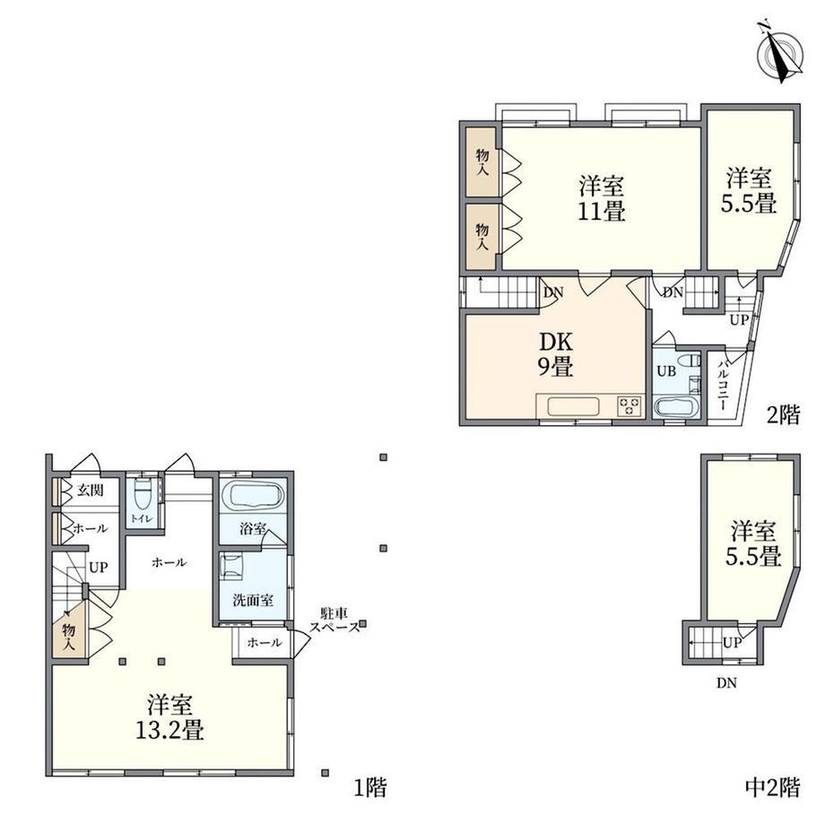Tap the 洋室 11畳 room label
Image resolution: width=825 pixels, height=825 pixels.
[x=602, y=198]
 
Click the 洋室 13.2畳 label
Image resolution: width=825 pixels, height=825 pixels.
[x=169, y=717]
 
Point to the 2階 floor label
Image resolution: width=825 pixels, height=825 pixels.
[x=783, y=416]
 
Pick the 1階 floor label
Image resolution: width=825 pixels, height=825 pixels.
[x=369, y=787]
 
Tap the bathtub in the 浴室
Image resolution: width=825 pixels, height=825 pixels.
[x=253, y=497]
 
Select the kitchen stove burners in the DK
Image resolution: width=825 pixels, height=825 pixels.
[x=630, y=405]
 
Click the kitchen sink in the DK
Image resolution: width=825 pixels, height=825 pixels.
[x=573, y=407]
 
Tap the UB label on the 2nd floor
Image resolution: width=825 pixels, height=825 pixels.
[x=666, y=371]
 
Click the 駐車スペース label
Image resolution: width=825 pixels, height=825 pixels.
[x=334, y=620]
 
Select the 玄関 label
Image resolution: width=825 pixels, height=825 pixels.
[x=91, y=491]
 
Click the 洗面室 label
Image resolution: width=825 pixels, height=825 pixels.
[x=253, y=600]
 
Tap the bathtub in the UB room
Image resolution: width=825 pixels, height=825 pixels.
[x=677, y=408]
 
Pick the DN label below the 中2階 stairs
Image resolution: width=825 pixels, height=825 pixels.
[x=726, y=683]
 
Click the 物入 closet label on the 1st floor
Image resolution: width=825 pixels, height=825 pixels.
[x=69, y=636]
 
